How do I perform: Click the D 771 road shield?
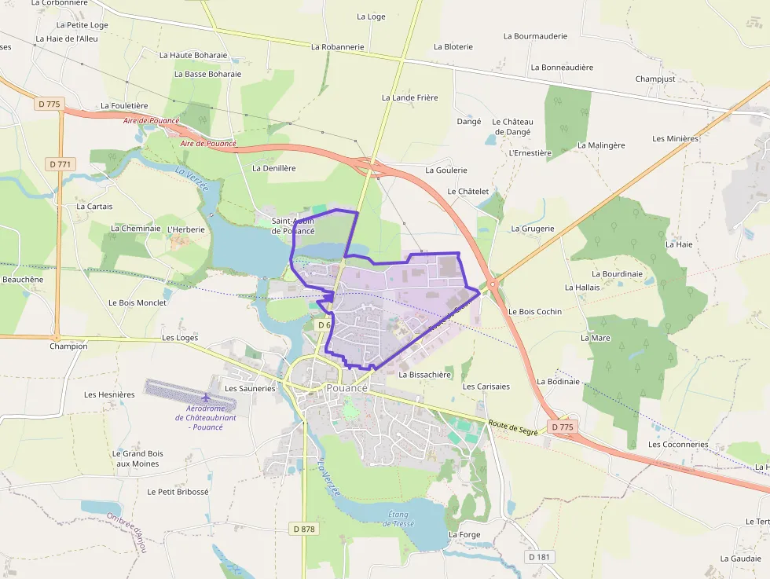click(60, 164)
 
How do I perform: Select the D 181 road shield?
click(540, 557)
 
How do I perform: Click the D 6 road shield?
click(322, 324)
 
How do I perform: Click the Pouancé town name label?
click(346, 388)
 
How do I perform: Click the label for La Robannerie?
click(337, 47)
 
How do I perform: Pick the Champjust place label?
click(654, 79)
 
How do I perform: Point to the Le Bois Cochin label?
click(535, 312)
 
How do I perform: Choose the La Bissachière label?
click(425, 375)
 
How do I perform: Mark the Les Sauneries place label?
click(250, 388)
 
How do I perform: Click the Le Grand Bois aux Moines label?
click(137, 459)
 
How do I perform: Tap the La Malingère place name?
click(601, 145)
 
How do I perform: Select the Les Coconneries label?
click(678, 445)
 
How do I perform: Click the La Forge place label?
click(464, 535)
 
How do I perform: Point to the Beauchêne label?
click(23, 279)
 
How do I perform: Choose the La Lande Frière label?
click(409, 97)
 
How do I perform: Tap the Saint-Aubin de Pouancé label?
click(293, 226)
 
